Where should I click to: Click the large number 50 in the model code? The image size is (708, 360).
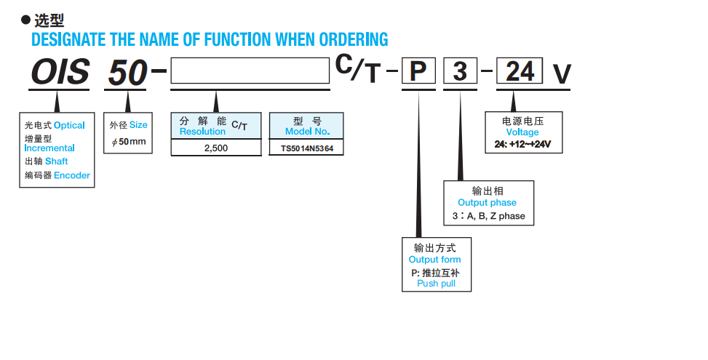tap(128, 72)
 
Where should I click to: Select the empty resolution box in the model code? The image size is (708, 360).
tap(250, 72)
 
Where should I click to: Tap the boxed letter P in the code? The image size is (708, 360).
tap(418, 72)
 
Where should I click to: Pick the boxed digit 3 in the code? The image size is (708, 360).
tap(460, 72)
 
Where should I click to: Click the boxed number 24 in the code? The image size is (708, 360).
tap(520, 72)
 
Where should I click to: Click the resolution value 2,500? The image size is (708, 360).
tap(215, 148)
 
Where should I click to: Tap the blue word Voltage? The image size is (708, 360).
tap(522, 132)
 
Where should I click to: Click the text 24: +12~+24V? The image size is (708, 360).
tap(522, 144)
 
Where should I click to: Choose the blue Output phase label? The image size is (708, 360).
tap(487, 203)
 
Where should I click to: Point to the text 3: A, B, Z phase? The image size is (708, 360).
tap(488, 216)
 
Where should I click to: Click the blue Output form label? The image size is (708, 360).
tap(434, 260)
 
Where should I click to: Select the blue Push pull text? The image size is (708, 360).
tap(436, 284)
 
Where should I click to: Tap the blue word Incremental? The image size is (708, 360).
tap(49, 148)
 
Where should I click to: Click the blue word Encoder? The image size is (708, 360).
tap(72, 175)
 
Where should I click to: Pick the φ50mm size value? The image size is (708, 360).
tap(129, 141)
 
